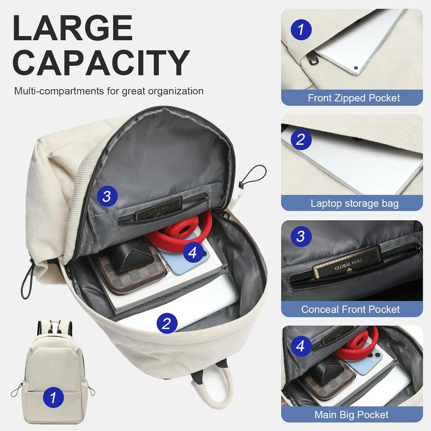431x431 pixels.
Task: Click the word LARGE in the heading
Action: coord(72,28)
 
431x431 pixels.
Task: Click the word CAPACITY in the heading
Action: coord(101,63)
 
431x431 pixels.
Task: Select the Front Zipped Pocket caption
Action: coord(353,98)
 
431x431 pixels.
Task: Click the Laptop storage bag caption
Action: coord(354,204)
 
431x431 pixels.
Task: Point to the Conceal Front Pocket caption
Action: coord(351,309)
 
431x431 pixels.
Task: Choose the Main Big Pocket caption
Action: coord(351,414)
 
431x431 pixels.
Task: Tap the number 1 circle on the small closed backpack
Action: coord(53,396)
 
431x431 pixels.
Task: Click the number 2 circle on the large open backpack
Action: coord(167,324)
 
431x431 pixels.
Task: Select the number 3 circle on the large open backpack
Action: coord(107,196)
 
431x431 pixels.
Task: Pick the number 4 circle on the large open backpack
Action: coord(192,253)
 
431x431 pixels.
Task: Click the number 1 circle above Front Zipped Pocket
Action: coord(301,28)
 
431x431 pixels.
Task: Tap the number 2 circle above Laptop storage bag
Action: coord(301,139)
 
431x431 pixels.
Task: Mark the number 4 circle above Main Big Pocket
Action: coord(301,345)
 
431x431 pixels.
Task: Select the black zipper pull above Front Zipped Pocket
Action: coord(313,57)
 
